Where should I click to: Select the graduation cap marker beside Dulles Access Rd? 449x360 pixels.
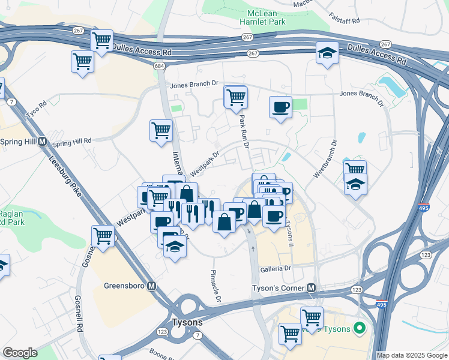coord(327,54)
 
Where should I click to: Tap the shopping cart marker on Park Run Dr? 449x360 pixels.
coord(236,96)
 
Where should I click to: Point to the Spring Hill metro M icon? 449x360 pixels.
coord(43,142)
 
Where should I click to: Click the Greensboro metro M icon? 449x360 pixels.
coord(152,286)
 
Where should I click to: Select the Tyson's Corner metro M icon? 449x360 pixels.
coord(311,288)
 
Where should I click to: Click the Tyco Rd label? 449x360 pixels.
coord(36,110)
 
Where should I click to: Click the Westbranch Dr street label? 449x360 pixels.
coord(324,159)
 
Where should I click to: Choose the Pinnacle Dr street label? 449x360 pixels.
coord(216,286)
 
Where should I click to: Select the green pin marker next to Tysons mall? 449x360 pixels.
coord(359,328)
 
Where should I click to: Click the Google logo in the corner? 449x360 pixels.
coord(20,353)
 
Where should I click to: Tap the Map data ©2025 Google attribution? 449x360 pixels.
coord(412,355)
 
